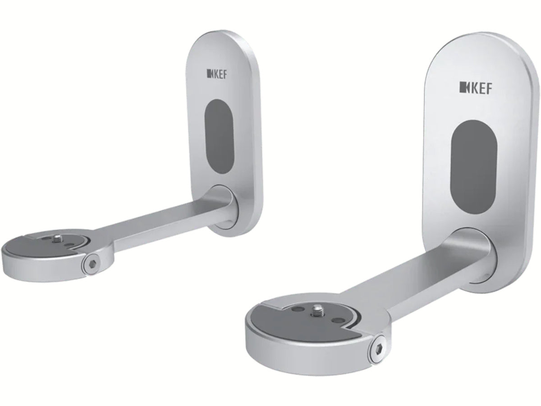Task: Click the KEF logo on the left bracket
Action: point(217,74)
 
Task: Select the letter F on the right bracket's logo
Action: point(490,87)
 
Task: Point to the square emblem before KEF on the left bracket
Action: point(209,74)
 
